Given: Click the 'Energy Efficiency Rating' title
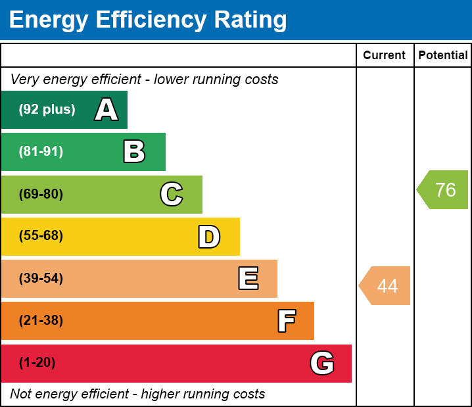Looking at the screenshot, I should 148,20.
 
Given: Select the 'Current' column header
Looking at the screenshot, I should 384,55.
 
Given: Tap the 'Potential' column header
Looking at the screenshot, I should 443,55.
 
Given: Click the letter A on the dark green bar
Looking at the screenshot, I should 106,110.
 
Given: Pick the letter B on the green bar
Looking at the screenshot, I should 134,152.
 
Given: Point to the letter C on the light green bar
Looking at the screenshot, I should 172,194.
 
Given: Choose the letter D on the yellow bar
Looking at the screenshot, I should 209,237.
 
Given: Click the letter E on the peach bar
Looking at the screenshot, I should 248,279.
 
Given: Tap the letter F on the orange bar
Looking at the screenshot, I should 286,321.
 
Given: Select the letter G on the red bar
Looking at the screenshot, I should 322,363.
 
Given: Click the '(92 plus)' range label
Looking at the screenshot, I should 47,110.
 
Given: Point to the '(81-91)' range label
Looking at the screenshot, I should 41,152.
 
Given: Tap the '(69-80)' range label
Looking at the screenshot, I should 41,194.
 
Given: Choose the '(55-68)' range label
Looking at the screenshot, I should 41,236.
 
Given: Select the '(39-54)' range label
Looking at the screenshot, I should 41,279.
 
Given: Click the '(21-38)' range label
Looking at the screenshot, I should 41,321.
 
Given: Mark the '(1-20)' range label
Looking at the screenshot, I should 37,363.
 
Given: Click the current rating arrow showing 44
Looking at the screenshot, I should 386,286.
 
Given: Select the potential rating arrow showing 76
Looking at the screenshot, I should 444,190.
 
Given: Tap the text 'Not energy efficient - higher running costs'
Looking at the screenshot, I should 137,394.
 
